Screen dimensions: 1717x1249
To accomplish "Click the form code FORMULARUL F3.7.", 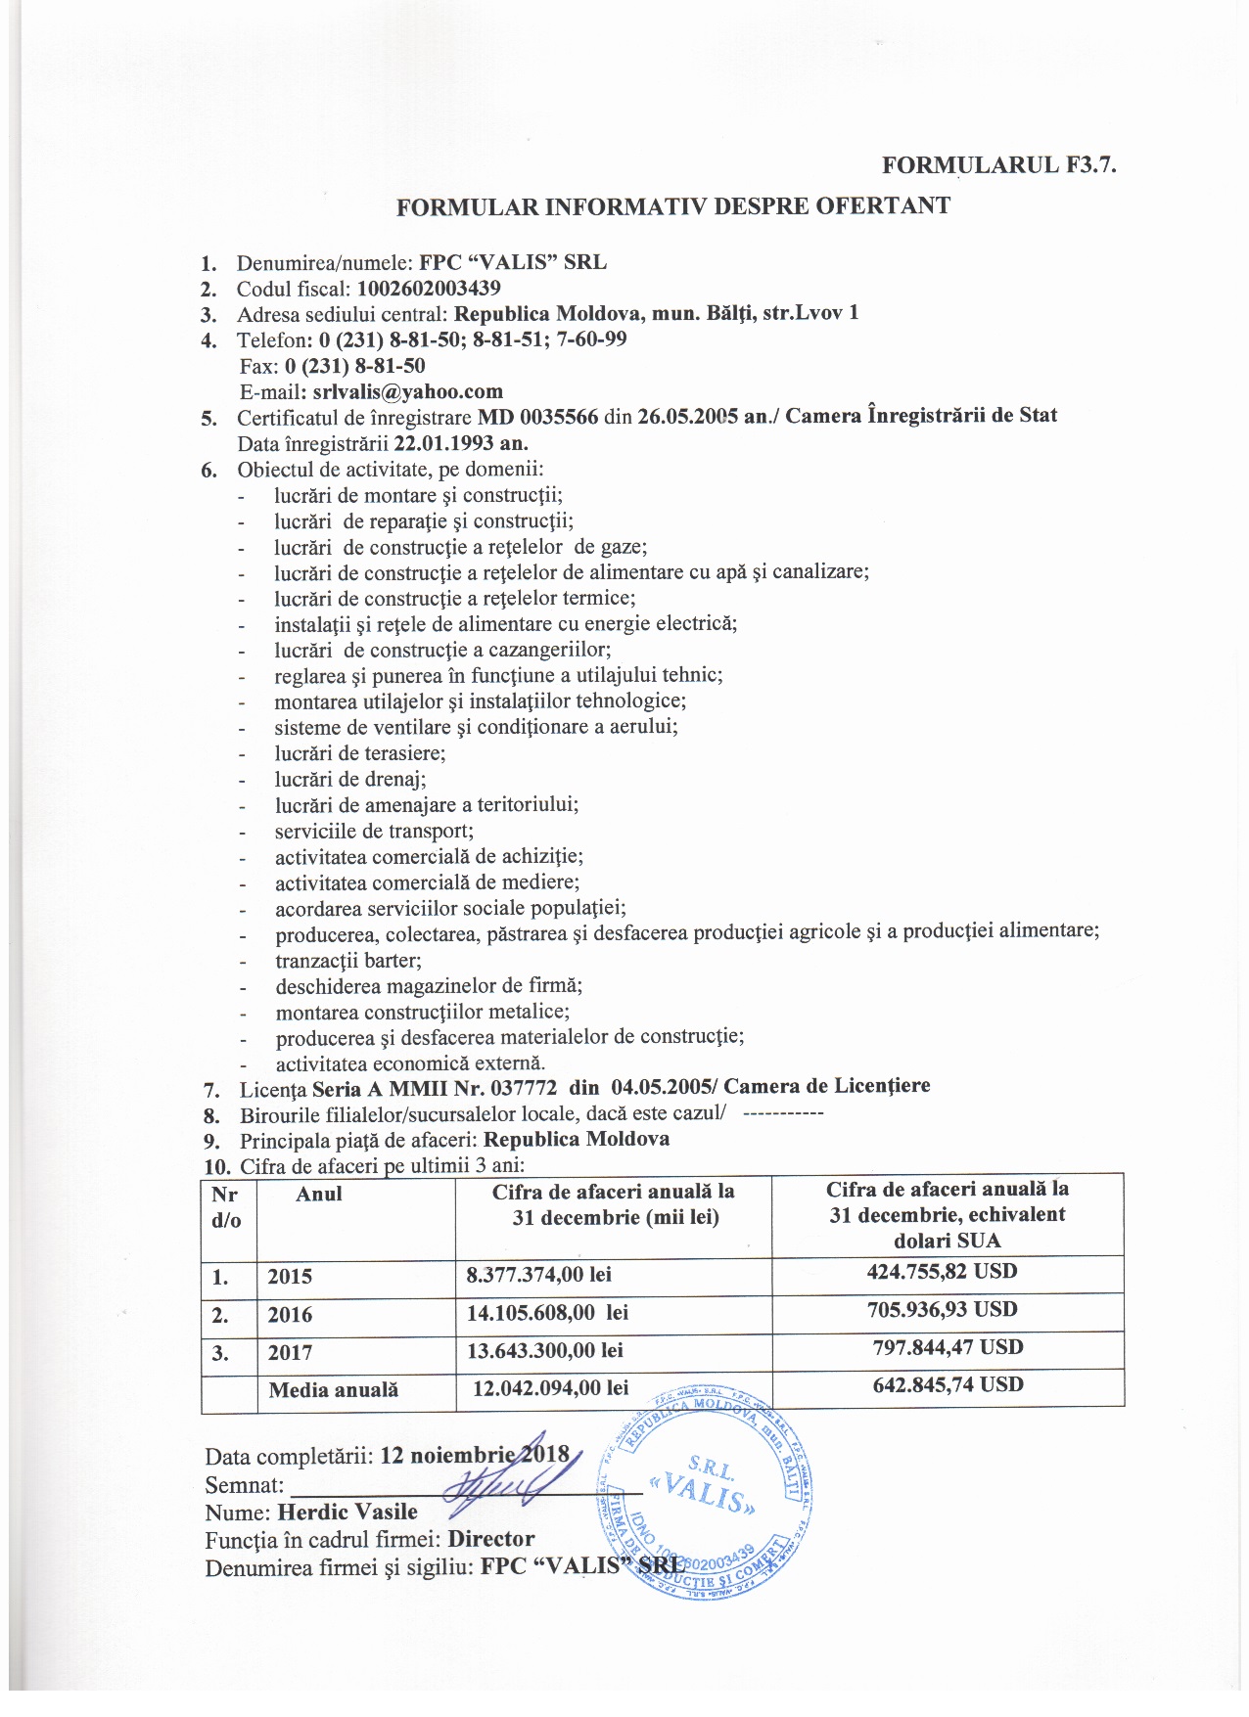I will [x=998, y=165].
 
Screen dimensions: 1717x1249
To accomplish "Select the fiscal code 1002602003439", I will [x=429, y=289].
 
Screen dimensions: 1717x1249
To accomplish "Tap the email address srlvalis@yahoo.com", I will [x=407, y=391].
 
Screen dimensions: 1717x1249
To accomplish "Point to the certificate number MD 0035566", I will [x=537, y=416].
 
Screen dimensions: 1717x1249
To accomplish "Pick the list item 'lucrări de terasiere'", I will [x=359, y=753].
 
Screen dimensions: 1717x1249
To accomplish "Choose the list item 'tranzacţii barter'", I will [x=348, y=960].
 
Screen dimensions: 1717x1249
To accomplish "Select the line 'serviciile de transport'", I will [x=374, y=831].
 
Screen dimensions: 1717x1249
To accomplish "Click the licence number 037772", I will [x=525, y=1087].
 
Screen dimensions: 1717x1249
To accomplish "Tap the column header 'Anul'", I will [x=319, y=1194].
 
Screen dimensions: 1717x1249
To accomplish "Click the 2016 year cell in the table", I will [x=290, y=1314].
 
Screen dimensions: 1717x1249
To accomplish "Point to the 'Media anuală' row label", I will [x=333, y=1389].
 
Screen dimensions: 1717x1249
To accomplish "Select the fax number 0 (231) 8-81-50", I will [x=354, y=366].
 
